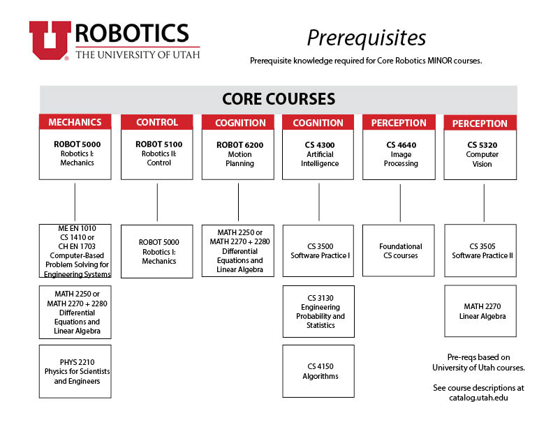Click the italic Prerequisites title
coord(366,38)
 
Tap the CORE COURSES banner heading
coord(279,99)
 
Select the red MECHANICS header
coord(75,122)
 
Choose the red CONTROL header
coord(157,122)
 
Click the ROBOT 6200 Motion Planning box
coord(238,154)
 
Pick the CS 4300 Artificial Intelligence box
coord(318,154)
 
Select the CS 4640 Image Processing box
coord(399,154)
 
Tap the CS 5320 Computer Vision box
coord(480,155)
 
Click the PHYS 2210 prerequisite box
coord(75,371)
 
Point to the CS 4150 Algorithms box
coord(318,371)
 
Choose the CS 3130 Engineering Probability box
coord(318,311)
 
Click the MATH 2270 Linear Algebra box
coord(480,311)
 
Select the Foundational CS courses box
coord(399,250)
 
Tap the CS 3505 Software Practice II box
coord(480,250)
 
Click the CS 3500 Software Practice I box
coord(318,251)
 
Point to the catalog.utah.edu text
coord(478,398)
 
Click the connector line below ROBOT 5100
coord(157,202)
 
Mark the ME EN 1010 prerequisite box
coord(75,251)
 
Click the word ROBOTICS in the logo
coord(132,33)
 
